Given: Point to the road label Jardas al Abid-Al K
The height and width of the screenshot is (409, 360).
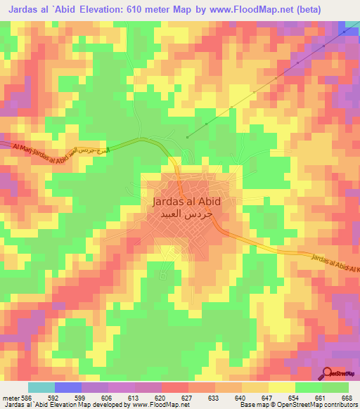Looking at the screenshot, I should pyautogui.click(x=333, y=263).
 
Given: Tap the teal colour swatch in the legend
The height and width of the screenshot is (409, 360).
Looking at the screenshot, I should pyautogui.click(x=41, y=387).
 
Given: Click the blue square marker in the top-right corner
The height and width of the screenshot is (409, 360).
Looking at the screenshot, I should pyautogui.click(x=343, y=32).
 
